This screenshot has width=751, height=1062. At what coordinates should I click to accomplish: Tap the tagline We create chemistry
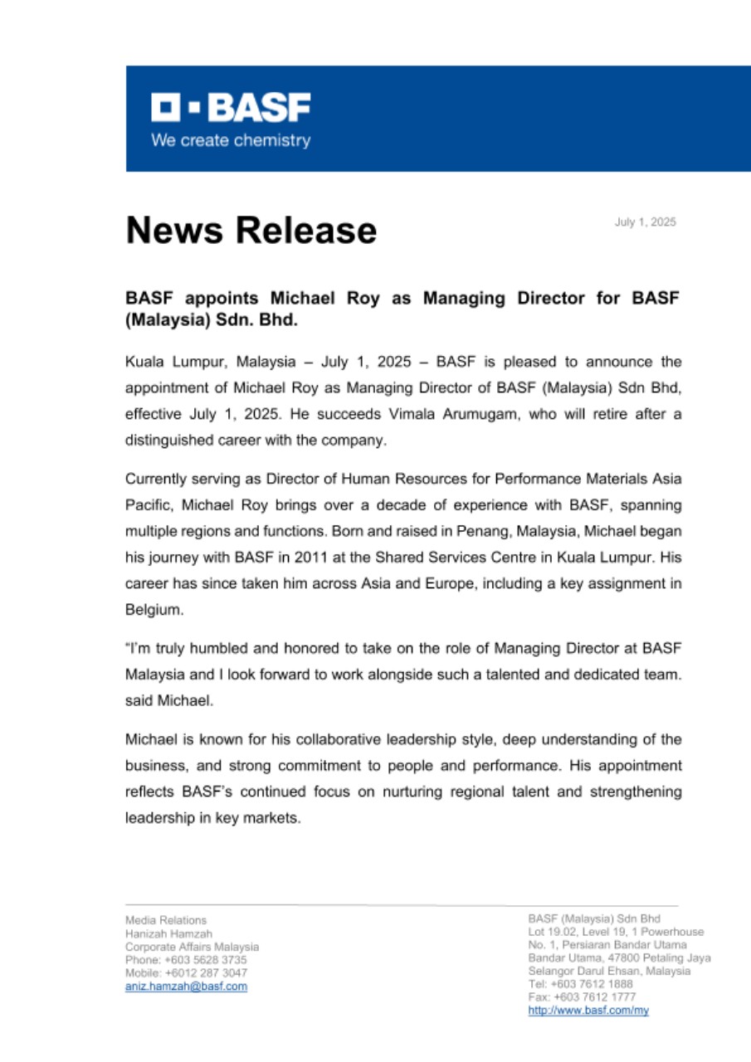[230, 140]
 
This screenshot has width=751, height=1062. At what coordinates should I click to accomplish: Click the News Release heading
[251, 230]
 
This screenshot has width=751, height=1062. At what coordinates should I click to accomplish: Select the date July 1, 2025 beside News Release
[645, 222]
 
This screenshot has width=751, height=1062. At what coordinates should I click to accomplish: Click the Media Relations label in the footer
[166, 920]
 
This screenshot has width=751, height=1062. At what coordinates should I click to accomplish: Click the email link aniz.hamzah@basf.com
[186, 986]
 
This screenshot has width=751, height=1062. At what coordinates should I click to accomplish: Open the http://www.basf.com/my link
[588, 1011]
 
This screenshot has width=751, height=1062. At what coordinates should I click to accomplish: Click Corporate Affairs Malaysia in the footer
[192, 947]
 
